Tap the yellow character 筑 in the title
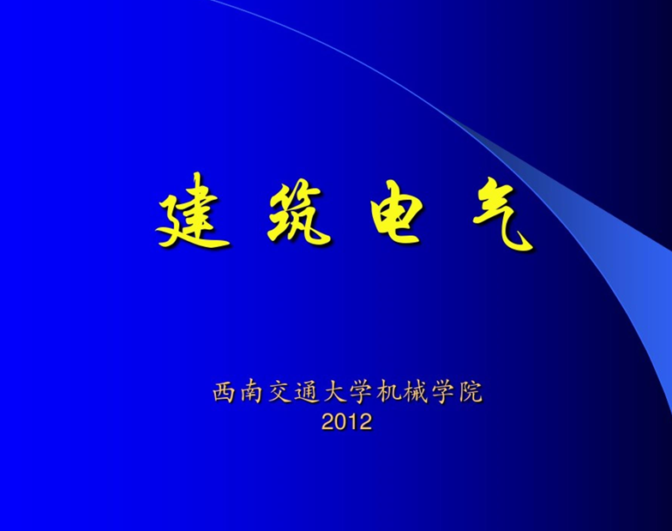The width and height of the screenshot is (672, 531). pyautogui.click(x=298, y=213)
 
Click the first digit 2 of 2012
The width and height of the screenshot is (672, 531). pyautogui.click(x=327, y=422)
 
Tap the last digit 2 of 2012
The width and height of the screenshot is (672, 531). pyautogui.click(x=365, y=422)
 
